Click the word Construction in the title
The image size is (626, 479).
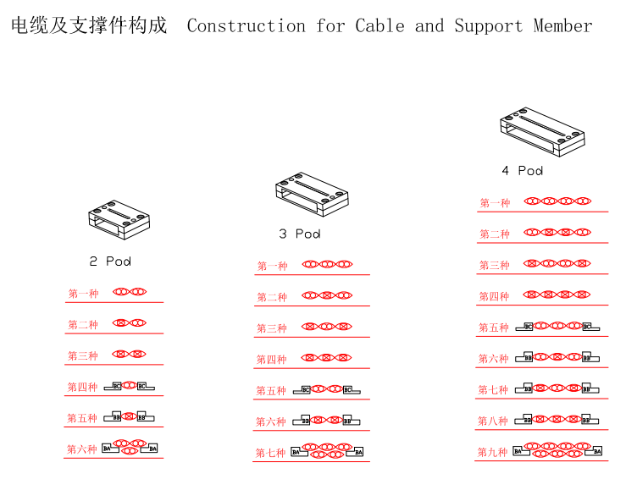pyautogui.click(x=246, y=25)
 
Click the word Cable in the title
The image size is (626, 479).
pyautogui.click(x=380, y=25)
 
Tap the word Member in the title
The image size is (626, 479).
pyautogui.click(x=562, y=25)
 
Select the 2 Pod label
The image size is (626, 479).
pyautogui.click(x=110, y=262)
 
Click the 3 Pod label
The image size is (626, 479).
pyautogui.click(x=300, y=234)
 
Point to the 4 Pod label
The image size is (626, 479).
pyautogui.click(x=522, y=171)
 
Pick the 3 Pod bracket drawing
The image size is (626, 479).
pyautogui.click(x=310, y=195)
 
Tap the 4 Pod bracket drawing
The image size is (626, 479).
pyautogui.click(x=541, y=132)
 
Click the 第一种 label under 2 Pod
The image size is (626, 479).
pyautogui.click(x=83, y=294)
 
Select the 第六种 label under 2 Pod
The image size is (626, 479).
pyautogui.click(x=82, y=449)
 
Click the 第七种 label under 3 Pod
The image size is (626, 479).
pyautogui.click(x=271, y=453)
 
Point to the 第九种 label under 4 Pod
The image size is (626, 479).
pyautogui.click(x=492, y=453)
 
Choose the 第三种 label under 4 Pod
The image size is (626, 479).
pyautogui.click(x=495, y=265)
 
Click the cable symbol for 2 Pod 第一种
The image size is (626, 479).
pyautogui.click(x=130, y=292)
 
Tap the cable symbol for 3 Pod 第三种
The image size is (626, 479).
pyautogui.click(x=326, y=326)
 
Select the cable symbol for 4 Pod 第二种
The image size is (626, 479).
pyautogui.click(x=557, y=231)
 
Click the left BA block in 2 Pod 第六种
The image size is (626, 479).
pyautogui.click(x=108, y=448)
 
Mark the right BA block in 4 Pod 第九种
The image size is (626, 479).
pyautogui.click(x=596, y=451)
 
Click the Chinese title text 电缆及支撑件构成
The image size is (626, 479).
pyautogui.click(x=89, y=25)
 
